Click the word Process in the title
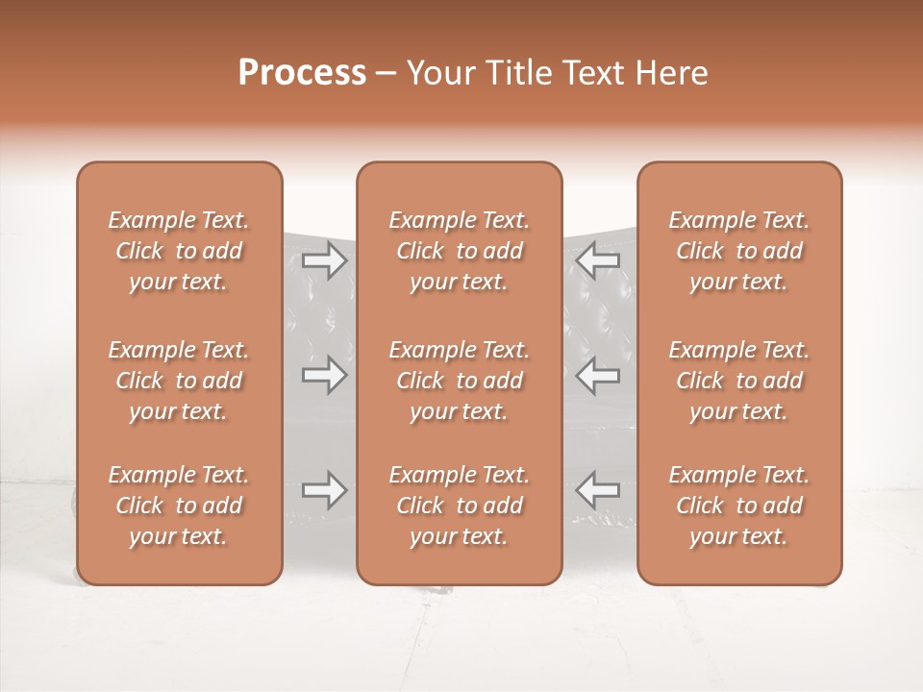pos(302,73)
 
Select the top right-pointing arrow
pos(324,260)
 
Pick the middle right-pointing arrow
pos(324,375)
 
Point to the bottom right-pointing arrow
pos(324,490)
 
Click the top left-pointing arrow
pos(598,260)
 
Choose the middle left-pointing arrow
pos(598,375)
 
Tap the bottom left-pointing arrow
pos(598,490)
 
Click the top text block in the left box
pos(179,251)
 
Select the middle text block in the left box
pos(179,381)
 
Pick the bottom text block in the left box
pos(179,506)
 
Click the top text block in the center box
pos(460,251)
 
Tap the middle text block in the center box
pos(460,381)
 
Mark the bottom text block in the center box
pos(460,506)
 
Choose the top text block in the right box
pos(739,251)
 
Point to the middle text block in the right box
pos(739,381)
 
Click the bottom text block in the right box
pos(739,506)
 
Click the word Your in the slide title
pos(439,73)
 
